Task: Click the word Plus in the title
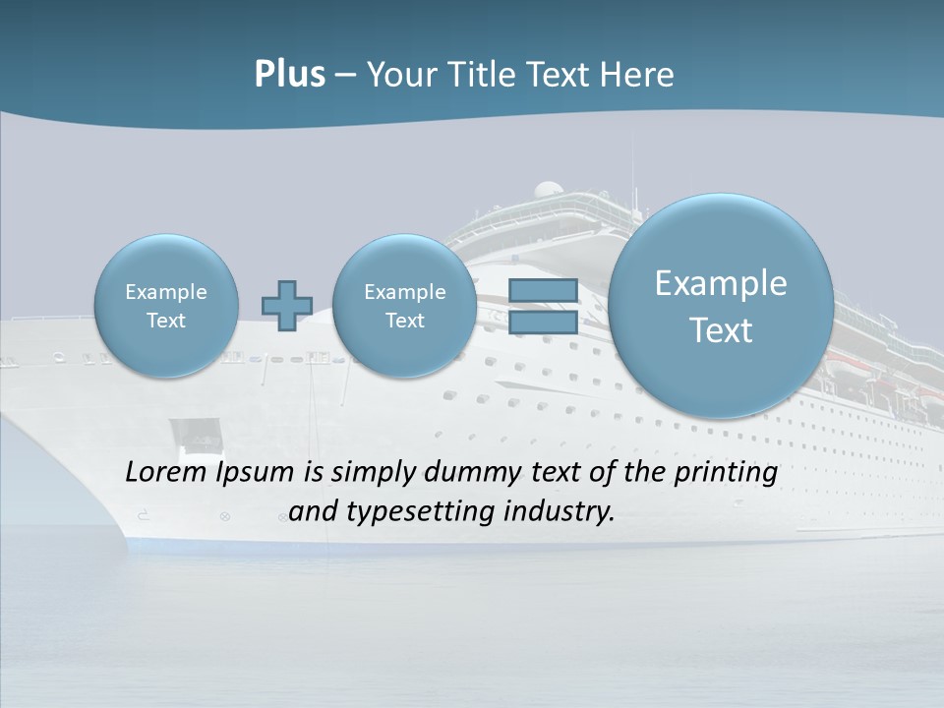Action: pos(289,75)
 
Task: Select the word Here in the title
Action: pos(638,75)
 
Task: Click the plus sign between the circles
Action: pos(286,306)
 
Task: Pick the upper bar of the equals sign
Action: pos(543,290)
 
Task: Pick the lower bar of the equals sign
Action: pos(543,322)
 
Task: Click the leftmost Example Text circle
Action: pos(166,306)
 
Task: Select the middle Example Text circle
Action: pos(404,306)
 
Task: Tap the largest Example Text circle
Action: pos(721,306)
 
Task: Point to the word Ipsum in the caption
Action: pos(256,473)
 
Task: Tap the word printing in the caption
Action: pos(726,473)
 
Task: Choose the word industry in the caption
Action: pos(558,511)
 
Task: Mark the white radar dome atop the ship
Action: pos(549,190)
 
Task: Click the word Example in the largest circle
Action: pos(721,283)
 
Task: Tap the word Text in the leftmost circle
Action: pos(166,321)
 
